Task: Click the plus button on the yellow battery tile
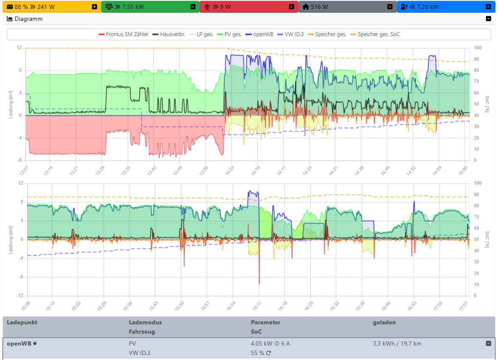pyautogui.click(x=94, y=7)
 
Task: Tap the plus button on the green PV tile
pyautogui.click(x=193, y=7)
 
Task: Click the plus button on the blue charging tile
pyautogui.click(x=488, y=7)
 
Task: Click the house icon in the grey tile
pyautogui.click(x=306, y=7)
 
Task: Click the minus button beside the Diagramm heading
pyautogui.click(x=488, y=19)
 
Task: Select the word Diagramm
pyautogui.click(x=28, y=19)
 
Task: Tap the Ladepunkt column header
pyautogui.click(x=22, y=322)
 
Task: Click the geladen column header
pyautogui.click(x=384, y=322)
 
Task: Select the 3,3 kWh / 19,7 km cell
pyautogui.click(x=397, y=343)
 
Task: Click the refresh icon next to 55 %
pyautogui.click(x=268, y=353)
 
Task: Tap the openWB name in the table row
pyautogui.click(x=19, y=343)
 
